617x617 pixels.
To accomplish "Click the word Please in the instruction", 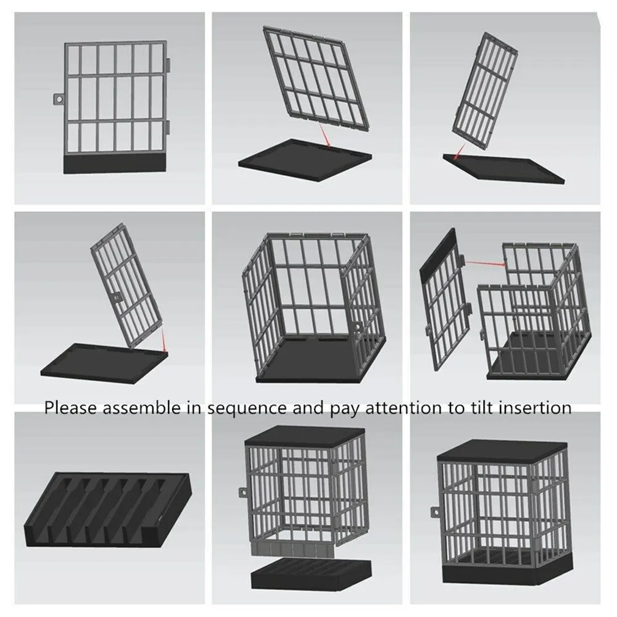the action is [70, 407].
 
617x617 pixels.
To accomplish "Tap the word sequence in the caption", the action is [247, 408].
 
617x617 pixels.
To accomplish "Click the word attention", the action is [404, 407].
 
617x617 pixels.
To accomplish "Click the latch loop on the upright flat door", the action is [59, 99].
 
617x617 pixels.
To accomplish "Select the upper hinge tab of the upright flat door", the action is [168, 65].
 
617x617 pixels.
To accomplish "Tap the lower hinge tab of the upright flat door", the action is [168, 127].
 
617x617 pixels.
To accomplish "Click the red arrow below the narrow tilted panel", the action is [459, 152].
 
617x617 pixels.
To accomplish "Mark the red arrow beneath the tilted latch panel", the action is [164, 340].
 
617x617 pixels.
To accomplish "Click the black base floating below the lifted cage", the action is [311, 573].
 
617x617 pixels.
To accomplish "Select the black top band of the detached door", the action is [438, 253].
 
